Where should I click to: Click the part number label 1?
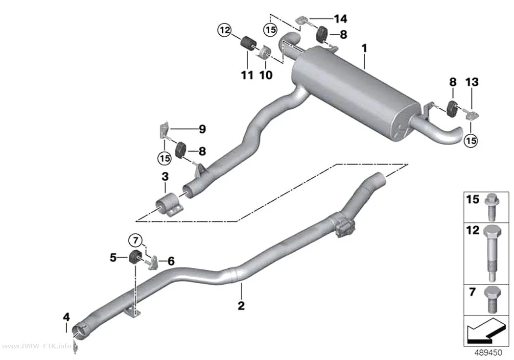click(364, 49)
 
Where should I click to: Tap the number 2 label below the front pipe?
click(241, 306)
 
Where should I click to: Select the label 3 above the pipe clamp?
click(165, 176)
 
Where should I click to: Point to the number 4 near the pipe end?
click(67, 317)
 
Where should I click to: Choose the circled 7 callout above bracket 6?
click(136, 240)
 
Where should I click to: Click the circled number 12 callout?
click(225, 30)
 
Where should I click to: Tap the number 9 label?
click(202, 129)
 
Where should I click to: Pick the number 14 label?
click(340, 19)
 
